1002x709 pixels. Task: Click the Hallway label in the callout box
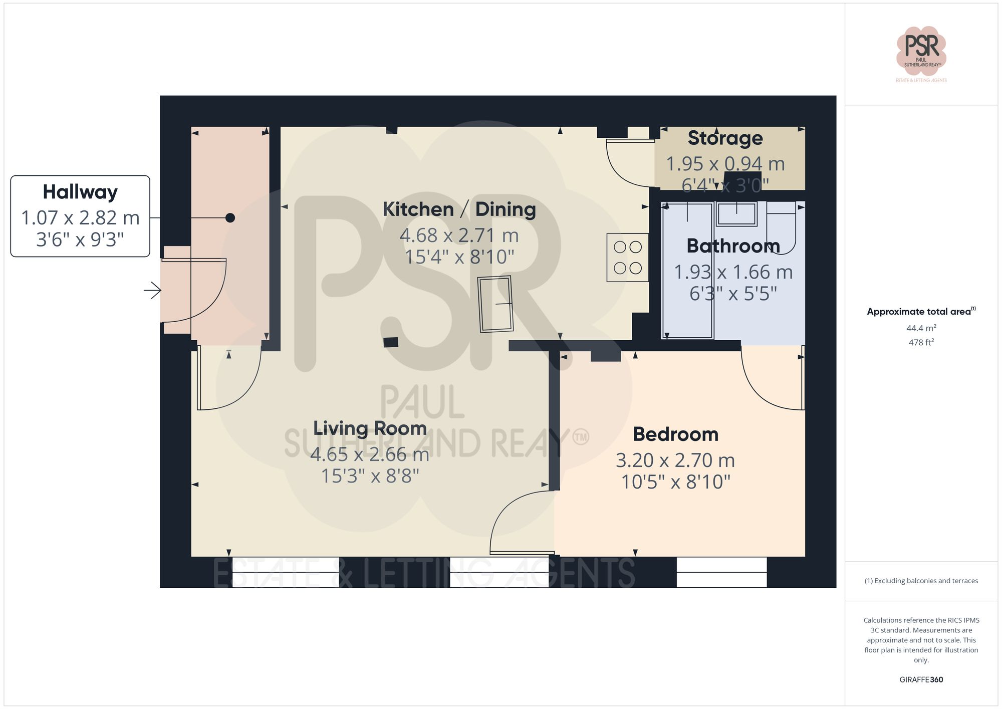point(80,192)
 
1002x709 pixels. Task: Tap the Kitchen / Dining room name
point(459,209)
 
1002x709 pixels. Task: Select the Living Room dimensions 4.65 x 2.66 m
point(370,454)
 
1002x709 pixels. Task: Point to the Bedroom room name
point(675,434)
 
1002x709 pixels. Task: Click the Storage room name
point(725,138)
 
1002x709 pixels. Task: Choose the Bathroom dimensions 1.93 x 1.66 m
point(733,272)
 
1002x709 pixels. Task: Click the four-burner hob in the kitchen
point(628,258)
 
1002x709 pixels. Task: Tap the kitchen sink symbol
point(495,304)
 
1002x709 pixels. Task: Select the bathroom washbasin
point(736,214)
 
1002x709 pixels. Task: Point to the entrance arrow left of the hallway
point(152,290)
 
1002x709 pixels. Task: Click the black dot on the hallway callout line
point(230,218)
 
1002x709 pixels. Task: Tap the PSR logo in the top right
point(921,51)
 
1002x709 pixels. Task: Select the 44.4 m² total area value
point(921,328)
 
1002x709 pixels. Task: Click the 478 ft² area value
point(921,343)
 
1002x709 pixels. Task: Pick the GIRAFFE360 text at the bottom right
point(921,680)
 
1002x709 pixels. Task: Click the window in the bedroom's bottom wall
point(721,572)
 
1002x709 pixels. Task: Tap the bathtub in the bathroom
point(687,271)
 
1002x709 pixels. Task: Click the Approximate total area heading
point(921,312)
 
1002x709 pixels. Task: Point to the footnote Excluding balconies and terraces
point(921,581)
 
